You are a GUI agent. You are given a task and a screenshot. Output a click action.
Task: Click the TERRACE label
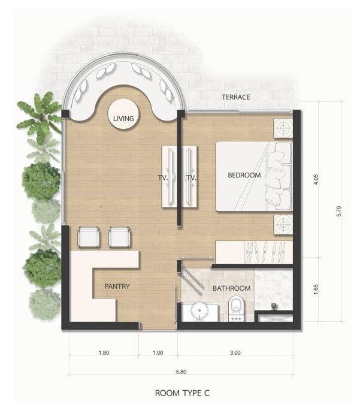236,97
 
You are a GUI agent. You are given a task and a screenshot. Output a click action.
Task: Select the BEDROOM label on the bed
244,175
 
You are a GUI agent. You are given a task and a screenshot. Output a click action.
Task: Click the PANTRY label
117,287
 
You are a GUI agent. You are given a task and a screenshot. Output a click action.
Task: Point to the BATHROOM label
231,288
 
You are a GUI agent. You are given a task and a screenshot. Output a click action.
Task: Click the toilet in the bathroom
236,309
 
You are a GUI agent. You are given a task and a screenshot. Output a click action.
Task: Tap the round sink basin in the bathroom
200,310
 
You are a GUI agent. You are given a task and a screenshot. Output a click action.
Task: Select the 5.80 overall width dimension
181,372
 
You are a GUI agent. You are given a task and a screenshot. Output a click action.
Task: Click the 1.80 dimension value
104,352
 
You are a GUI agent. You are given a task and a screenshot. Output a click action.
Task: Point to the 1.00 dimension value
158,352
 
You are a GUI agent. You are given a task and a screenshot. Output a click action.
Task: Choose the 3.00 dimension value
235,352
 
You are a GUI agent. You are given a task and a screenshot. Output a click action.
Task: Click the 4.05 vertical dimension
316,179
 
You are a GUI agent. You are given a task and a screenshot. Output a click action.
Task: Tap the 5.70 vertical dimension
339,211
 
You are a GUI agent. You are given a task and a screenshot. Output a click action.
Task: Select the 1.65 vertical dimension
316,290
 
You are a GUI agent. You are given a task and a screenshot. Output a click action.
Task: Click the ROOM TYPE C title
182,393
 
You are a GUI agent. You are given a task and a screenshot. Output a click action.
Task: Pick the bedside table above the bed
283,128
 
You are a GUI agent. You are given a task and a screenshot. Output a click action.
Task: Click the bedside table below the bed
283,224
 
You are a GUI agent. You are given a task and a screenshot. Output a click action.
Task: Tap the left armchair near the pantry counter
89,237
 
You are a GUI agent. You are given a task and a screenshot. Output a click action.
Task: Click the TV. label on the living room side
163,178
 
